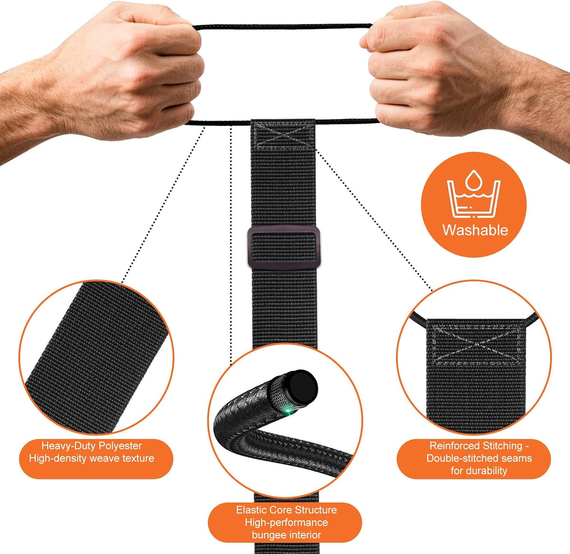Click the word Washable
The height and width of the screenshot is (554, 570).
point(475,230)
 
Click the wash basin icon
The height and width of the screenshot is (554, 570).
point(474,199)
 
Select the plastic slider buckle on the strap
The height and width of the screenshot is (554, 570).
point(284,247)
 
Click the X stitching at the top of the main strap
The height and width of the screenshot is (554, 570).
point(284,136)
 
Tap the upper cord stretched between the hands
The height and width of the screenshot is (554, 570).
point(283,27)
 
